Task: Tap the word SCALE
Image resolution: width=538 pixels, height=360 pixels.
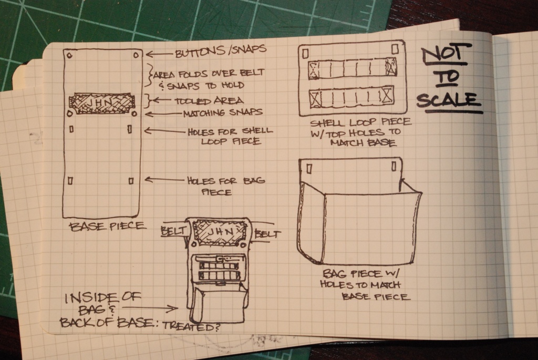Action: pyautogui.click(x=448, y=100)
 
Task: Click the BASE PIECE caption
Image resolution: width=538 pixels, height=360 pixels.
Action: pyautogui.click(x=107, y=227)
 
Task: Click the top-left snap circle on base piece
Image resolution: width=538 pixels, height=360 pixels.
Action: pyautogui.click(x=69, y=55)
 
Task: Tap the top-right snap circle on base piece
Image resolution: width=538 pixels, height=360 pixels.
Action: pyautogui.click(x=136, y=55)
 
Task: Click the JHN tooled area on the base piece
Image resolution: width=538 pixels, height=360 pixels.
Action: pyautogui.click(x=101, y=102)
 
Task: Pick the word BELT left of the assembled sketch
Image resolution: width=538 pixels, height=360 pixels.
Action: pyautogui.click(x=173, y=231)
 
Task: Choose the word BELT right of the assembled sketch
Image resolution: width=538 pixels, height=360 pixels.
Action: pyautogui.click(x=267, y=234)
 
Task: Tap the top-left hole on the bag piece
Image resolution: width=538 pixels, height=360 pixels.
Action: pyautogui.click(x=309, y=169)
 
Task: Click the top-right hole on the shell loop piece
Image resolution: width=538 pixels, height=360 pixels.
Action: pyautogui.click(x=395, y=48)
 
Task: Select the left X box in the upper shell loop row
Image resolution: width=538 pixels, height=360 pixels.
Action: pyautogui.click(x=314, y=70)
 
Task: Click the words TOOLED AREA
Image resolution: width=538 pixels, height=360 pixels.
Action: pyautogui.click(x=209, y=101)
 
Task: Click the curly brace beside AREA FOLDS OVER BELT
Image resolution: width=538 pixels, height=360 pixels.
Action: pyautogui.click(x=149, y=75)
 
